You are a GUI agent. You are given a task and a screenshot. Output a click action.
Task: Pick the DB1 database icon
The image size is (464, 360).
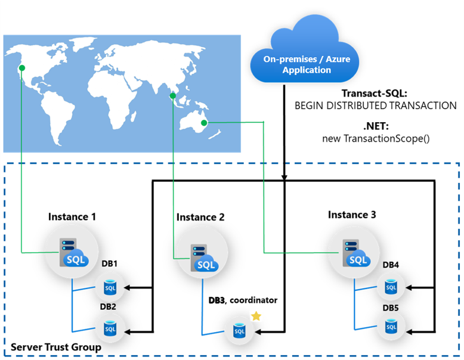coord(110,287)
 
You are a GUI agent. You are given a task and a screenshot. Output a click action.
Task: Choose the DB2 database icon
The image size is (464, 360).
coord(110,328)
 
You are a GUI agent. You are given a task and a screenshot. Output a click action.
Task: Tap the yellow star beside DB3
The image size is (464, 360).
coord(256,316)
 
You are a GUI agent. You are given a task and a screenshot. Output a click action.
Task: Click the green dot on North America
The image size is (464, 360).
coord(22,68)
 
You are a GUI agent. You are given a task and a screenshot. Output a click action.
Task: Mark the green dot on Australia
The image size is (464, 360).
coord(206,123)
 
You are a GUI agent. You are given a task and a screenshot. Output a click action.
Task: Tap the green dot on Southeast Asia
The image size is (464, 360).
coord(173,95)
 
